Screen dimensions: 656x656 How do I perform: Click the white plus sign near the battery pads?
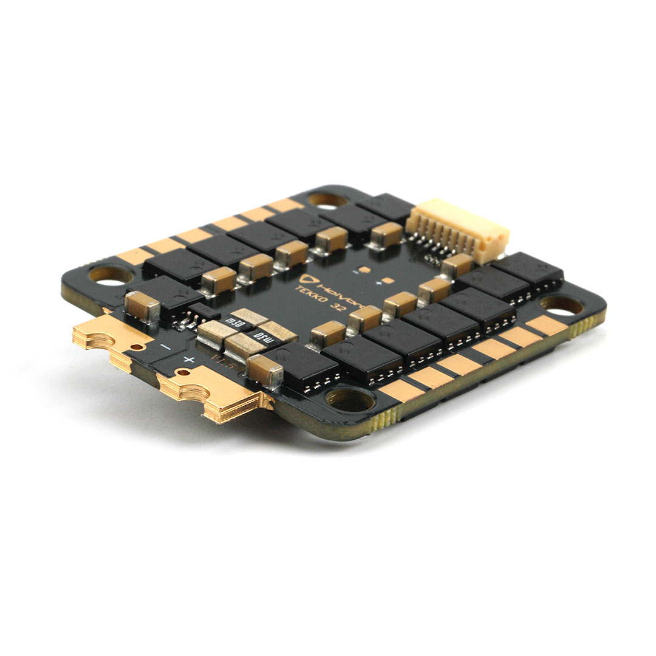pos(189,360)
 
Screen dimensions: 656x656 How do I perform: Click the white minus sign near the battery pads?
pos(165,346)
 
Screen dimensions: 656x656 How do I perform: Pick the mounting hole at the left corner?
pos(109,274)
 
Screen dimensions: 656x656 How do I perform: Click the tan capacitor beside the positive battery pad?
pos(265,371)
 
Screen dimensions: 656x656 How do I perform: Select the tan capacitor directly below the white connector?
pos(456,265)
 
